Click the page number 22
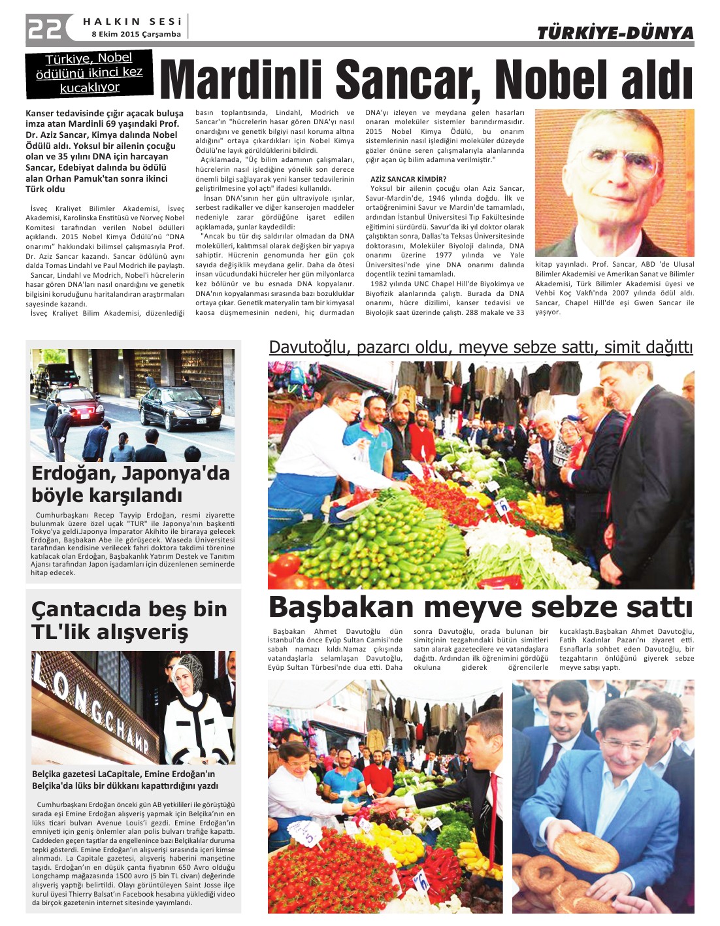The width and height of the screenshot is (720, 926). coord(44,28)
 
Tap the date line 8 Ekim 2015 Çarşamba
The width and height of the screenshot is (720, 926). coord(136,34)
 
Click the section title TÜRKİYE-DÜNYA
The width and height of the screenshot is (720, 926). coord(615,33)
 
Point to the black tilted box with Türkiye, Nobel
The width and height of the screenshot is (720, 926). coord(90,72)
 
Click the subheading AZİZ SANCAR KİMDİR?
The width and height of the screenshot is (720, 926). coord(408,179)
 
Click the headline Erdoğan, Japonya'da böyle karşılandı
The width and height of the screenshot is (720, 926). coord(131,484)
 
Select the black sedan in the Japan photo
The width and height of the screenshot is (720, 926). coord(180,406)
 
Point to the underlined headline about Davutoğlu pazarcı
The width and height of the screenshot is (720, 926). coord(480,347)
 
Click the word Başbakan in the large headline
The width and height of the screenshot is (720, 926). coord(341,607)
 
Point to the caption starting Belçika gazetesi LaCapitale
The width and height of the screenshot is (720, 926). coord(125,780)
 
